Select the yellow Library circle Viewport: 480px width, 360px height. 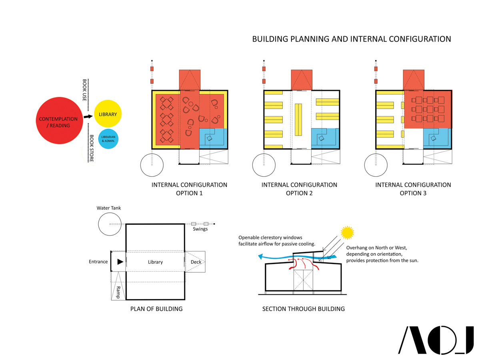click(108, 114)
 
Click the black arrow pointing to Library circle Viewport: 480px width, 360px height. click(88, 116)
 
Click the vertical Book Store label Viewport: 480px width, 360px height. click(92, 148)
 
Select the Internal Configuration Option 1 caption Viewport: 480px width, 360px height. click(189, 189)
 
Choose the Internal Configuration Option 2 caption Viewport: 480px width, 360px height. click(299, 189)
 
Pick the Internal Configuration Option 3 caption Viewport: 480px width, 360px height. click(413, 189)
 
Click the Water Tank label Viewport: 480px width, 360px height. click(108, 208)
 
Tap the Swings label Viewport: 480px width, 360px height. click(200, 229)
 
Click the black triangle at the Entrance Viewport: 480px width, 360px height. click(120, 262)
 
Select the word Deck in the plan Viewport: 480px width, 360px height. click(196, 262)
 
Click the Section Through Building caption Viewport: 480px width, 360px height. click(303, 309)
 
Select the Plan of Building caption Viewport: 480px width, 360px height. click(156, 309)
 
